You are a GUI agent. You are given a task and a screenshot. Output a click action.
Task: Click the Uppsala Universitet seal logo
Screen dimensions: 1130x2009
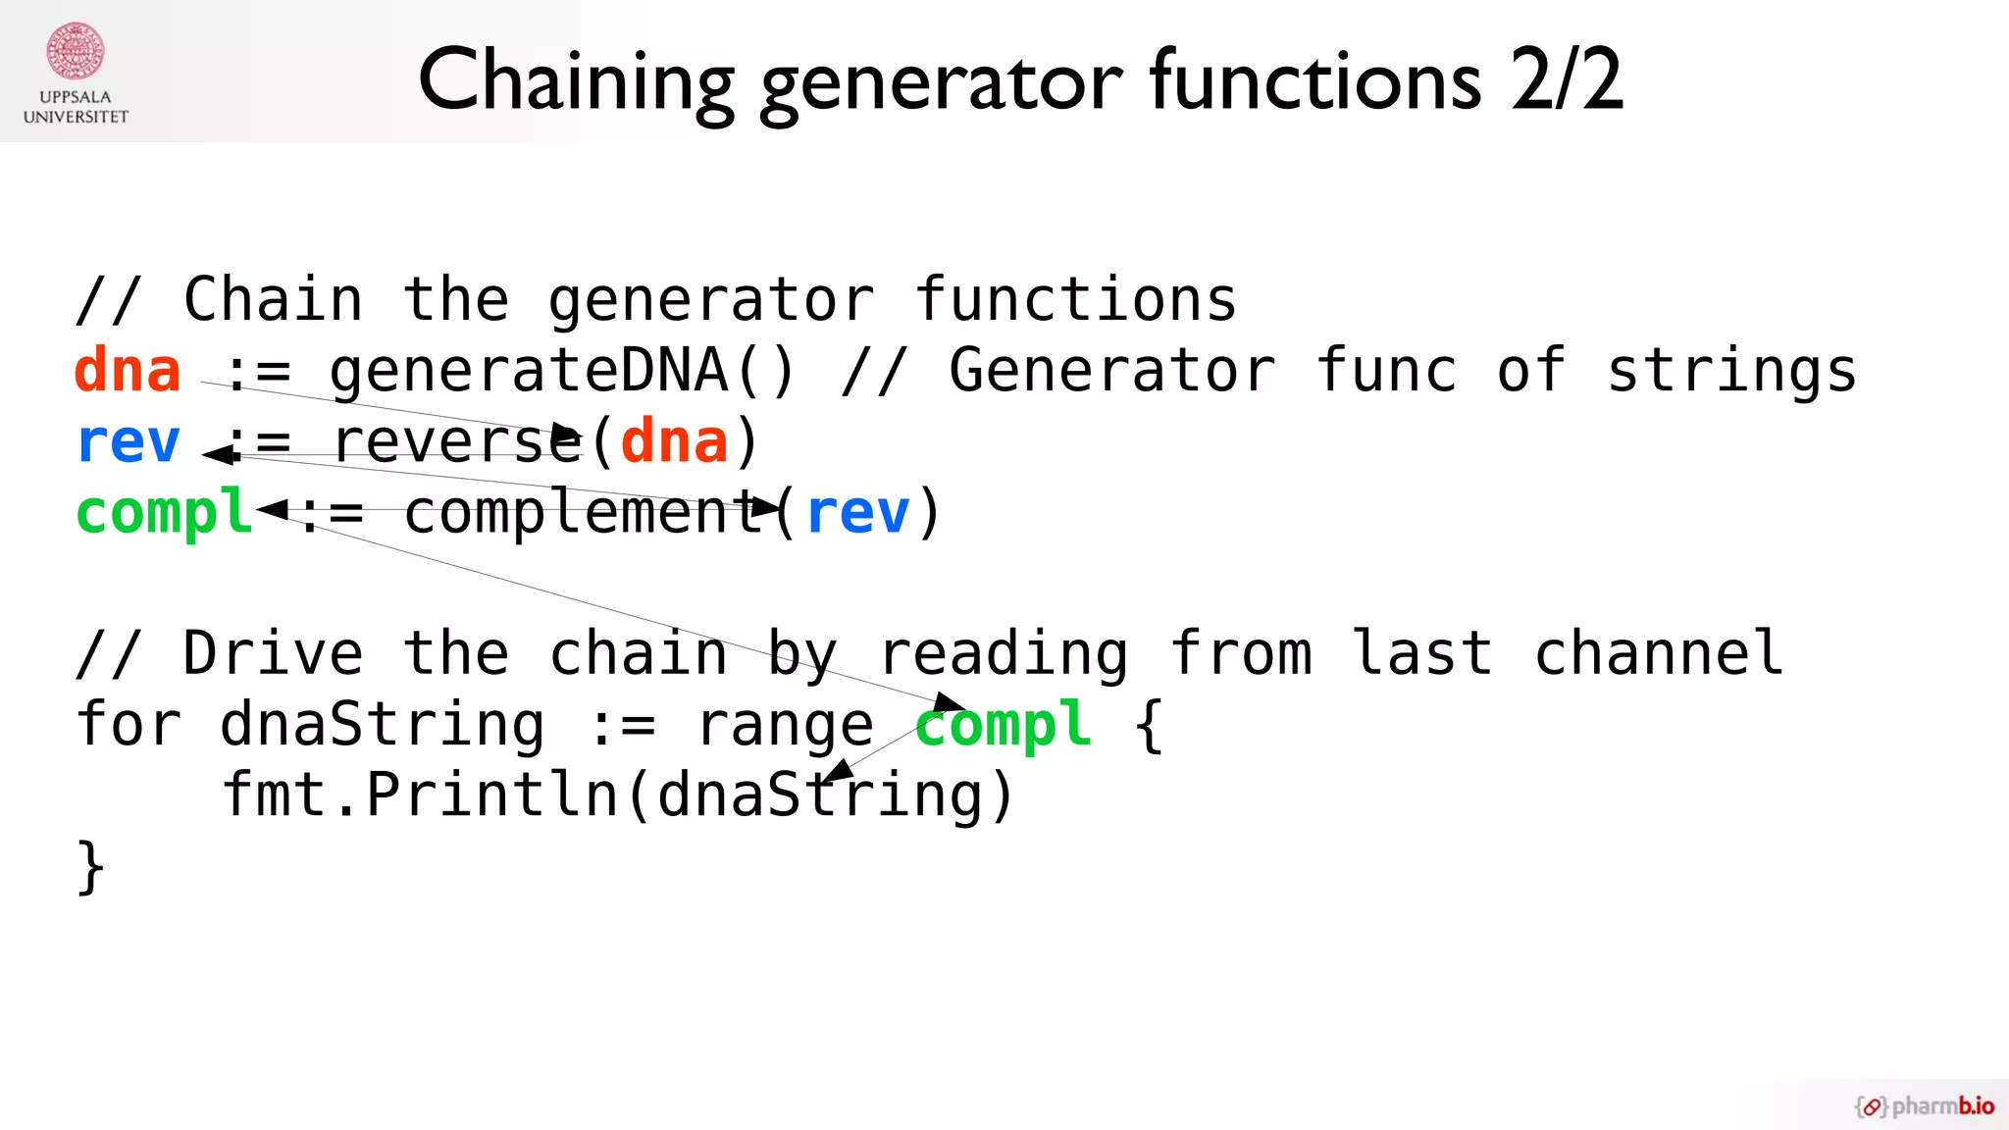click(x=76, y=51)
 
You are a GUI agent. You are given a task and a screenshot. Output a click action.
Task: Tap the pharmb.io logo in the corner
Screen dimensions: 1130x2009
click(x=1925, y=1106)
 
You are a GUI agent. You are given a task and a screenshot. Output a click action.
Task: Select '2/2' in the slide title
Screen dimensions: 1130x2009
click(x=1567, y=80)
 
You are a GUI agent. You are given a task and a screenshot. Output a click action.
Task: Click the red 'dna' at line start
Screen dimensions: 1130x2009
click(x=128, y=371)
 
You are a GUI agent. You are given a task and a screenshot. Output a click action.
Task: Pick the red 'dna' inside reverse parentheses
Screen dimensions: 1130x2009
click(x=674, y=441)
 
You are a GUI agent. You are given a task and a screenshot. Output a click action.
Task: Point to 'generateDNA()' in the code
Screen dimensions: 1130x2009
click(x=562, y=371)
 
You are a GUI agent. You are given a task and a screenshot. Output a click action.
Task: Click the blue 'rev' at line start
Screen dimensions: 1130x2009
click(x=128, y=441)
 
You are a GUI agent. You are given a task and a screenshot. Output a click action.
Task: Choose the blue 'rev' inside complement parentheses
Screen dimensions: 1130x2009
click(x=857, y=512)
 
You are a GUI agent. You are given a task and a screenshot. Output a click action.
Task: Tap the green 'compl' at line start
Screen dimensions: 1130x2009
click(x=164, y=512)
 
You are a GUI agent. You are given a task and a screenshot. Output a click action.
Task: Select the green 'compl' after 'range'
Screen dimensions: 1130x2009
click(x=1003, y=724)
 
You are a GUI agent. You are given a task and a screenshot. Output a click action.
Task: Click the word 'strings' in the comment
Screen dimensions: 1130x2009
click(x=1731, y=371)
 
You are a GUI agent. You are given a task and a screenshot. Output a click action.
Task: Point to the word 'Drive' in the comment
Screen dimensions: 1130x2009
click(x=273, y=653)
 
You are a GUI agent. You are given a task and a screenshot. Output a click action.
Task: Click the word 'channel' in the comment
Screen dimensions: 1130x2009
click(x=1658, y=653)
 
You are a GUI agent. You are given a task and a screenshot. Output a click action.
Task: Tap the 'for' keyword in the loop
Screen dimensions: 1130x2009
click(x=128, y=724)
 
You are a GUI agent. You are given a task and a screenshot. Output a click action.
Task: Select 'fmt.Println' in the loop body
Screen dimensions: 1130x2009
click(x=420, y=795)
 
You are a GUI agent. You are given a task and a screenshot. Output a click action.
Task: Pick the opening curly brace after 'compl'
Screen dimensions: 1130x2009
click(x=1149, y=724)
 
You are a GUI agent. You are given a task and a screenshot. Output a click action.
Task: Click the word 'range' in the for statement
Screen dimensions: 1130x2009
click(x=785, y=724)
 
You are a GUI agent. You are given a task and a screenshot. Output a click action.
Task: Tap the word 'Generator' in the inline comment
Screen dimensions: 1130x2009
click(x=1112, y=371)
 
